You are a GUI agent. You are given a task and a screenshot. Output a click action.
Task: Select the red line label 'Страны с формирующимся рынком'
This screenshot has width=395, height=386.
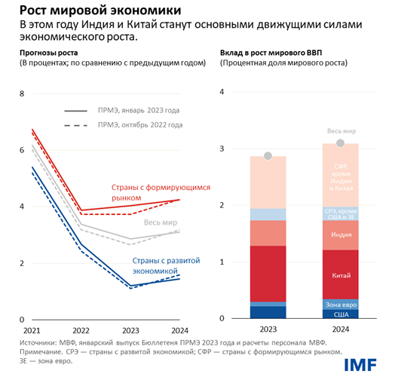click(156, 192)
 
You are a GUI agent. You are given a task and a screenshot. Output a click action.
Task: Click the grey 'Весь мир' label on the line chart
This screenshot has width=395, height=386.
click(160, 223)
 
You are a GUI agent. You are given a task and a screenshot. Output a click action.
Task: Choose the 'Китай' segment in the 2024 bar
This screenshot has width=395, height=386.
click(341, 275)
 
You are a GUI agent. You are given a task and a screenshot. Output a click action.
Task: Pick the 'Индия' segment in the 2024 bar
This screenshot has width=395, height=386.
click(341, 235)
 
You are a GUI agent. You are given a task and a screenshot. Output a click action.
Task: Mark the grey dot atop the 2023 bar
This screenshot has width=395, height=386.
click(268, 156)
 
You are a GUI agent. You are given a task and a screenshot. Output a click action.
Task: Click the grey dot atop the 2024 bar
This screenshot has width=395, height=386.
click(340, 143)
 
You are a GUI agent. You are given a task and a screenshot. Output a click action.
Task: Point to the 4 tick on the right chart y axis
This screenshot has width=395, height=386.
click(222, 92)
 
